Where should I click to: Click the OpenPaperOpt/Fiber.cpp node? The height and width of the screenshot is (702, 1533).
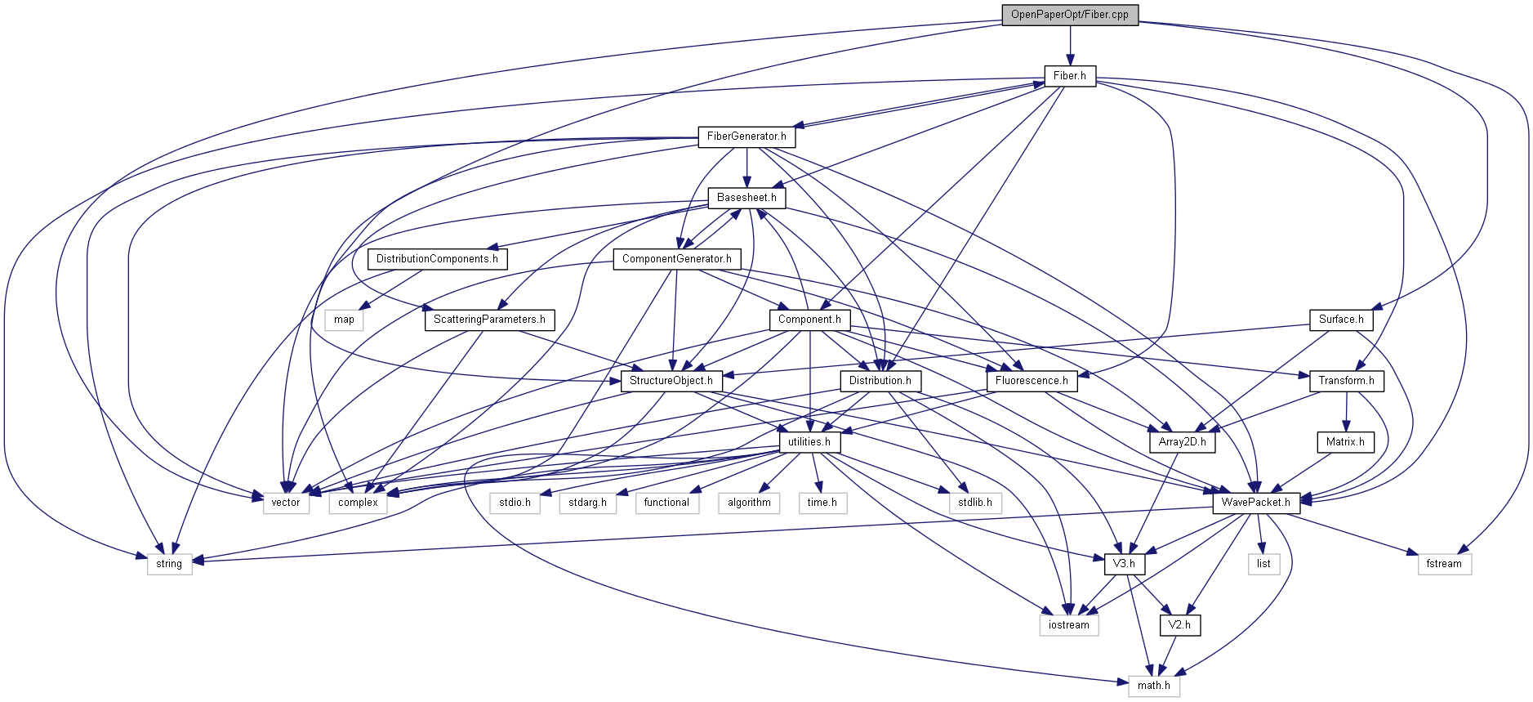1069,15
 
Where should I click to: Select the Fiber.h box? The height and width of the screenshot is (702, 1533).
1069,76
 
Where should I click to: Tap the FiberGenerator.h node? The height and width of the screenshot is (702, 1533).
746,136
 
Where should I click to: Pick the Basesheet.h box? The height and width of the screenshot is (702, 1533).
746,198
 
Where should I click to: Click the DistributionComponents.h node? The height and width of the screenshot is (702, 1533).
437,259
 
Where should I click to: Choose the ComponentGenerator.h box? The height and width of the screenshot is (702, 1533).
676,259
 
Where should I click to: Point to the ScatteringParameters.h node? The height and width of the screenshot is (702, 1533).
489,320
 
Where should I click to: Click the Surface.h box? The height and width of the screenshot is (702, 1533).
1340,320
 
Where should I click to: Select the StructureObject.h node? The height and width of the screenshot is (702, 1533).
671,381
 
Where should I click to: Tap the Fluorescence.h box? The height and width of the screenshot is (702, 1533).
1031,381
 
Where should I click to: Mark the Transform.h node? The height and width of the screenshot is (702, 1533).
1345,381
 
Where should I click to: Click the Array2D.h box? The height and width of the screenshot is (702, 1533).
1181,442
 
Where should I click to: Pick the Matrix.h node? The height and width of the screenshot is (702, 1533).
1344,442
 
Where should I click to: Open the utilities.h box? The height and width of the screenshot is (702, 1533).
809,442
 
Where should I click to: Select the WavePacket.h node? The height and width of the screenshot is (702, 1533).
1255,503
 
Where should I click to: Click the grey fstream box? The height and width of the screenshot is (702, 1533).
1443,564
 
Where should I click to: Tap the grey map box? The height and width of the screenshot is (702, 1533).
344,320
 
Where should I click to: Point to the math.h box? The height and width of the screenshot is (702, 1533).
1153,686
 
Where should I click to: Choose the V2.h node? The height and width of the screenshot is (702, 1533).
1179,625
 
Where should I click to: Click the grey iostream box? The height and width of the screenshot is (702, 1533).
1068,625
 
